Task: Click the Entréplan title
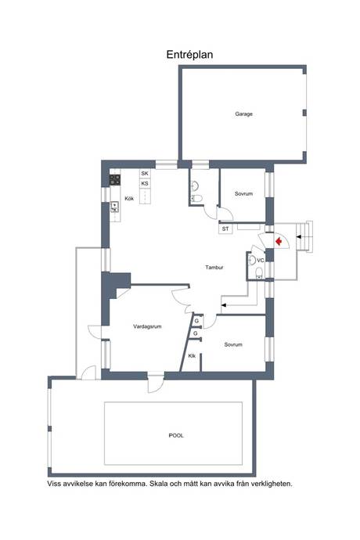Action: [189, 55]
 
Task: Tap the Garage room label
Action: [243, 114]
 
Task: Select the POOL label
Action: [176, 436]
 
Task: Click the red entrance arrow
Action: [279, 241]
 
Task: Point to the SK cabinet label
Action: [145, 174]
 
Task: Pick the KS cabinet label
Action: [145, 184]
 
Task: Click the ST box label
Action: [225, 229]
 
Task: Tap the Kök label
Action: [129, 199]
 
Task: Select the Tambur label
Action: [214, 267]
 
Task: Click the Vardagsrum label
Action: [147, 326]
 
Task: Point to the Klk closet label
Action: [192, 356]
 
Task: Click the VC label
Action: [261, 261]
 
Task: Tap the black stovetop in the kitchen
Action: [115, 180]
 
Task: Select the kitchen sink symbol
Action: [114, 207]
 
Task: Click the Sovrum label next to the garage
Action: [243, 194]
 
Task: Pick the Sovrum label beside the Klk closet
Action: [233, 344]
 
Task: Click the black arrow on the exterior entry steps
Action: [299, 236]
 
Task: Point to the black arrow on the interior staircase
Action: [224, 304]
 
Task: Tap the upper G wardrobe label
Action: [196, 321]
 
